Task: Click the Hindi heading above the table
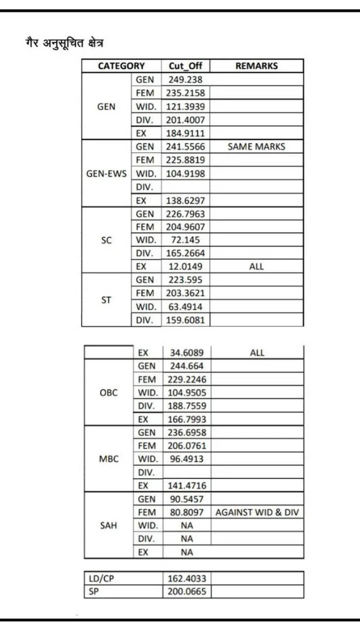(65, 43)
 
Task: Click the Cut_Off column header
(185, 66)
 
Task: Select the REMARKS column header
(256, 66)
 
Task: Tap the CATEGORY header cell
(121, 66)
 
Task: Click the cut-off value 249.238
(185, 79)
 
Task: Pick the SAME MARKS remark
(256, 146)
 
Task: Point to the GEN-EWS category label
(107, 174)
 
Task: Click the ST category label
(107, 299)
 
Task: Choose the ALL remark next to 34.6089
(257, 353)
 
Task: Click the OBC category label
(109, 393)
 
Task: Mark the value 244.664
(186, 366)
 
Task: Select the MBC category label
(109, 459)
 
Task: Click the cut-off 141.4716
(187, 486)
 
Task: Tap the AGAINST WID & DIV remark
(257, 512)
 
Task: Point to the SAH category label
(109, 525)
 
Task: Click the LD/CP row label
(101, 578)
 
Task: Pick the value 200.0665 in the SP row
(187, 592)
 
